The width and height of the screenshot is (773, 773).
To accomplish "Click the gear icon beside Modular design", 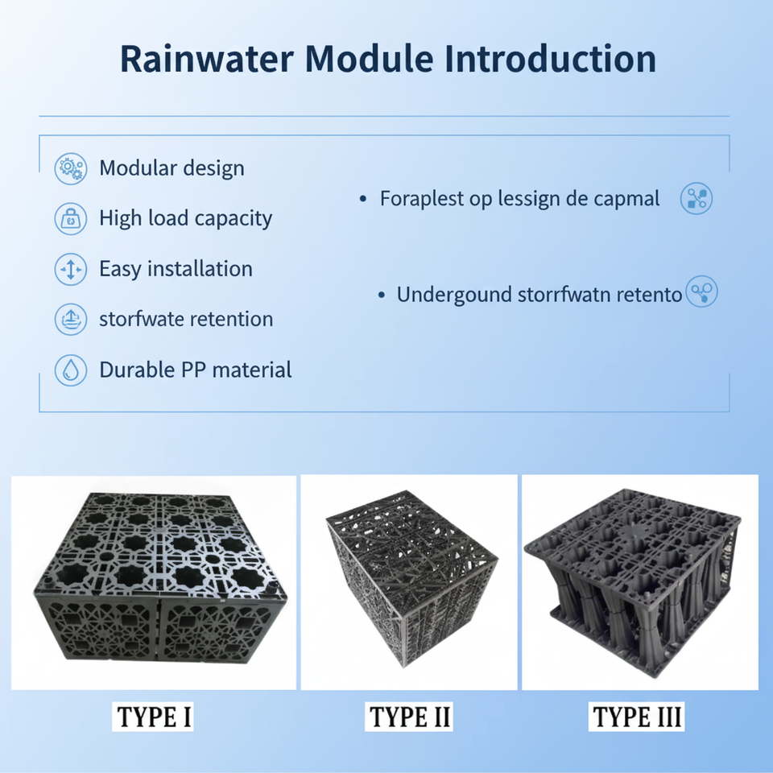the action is [71, 169].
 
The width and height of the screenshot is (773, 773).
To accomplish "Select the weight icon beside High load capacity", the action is [71, 219].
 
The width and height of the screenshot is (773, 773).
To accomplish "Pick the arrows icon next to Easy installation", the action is [71, 269].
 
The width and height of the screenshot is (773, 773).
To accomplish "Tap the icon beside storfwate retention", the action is [71, 320].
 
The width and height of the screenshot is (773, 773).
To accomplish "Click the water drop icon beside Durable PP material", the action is [71, 370].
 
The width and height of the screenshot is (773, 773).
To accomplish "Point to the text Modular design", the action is [172, 168].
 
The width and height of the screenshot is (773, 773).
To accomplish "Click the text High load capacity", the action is [185, 218].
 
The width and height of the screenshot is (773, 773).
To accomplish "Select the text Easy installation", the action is [176, 269].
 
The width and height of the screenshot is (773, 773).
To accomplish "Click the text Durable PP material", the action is [195, 370].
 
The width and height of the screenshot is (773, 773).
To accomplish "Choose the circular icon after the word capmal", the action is [696, 198].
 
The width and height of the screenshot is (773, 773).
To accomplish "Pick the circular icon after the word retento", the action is [701, 293].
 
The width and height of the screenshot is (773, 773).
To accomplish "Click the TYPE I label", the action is [155, 716].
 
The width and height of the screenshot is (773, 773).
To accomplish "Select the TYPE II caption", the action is [410, 716].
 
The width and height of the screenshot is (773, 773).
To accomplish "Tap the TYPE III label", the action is [638, 716].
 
